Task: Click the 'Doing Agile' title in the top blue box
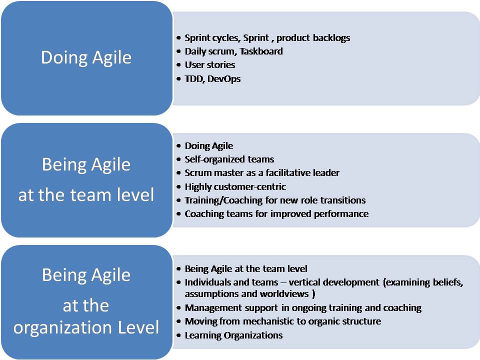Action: (86, 58)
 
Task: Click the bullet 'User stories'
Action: (209, 65)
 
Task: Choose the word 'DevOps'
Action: (224, 79)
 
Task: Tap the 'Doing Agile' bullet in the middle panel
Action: (209, 146)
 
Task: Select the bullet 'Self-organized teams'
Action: (229, 159)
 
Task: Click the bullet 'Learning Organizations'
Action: (233, 335)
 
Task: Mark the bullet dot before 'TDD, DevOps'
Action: (179, 79)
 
